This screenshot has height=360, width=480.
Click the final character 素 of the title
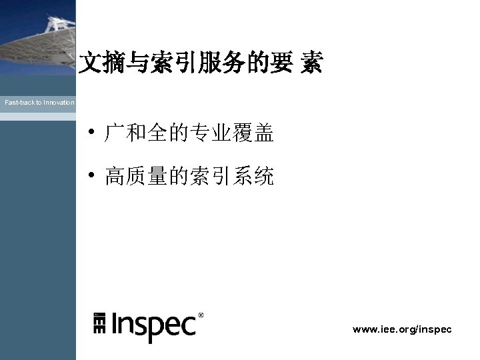[x=311, y=64]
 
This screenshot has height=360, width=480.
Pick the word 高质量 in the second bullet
[x=135, y=177]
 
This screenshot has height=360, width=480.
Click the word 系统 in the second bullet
[x=253, y=177]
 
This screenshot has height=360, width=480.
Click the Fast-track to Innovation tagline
[x=39, y=103]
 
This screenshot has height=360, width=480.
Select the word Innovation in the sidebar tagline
[x=59, y=103]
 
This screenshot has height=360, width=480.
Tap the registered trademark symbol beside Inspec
[x=201, y=315]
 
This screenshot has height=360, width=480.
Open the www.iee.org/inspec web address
[x=402, y=329]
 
